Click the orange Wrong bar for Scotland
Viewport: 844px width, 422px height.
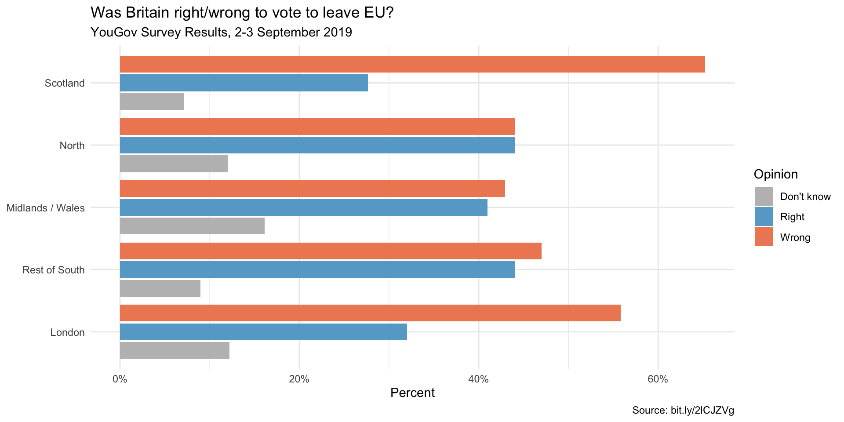(x=412, y=64)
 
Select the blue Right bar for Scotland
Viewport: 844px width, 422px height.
(x=244, y=83)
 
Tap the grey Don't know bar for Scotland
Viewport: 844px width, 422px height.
(x=152, y=102)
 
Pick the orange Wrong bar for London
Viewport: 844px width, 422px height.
(x=370, y=313)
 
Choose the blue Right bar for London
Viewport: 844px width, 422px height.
(x=263, y=332)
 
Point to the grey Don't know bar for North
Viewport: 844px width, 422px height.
(x=174, y=164)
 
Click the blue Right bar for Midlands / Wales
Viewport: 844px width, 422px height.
(x=303, y=207)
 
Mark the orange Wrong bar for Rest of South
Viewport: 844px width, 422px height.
(x=331, y=251)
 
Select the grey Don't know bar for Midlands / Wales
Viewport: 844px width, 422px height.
(x=192, y=226)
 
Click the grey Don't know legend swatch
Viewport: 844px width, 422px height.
(x=764, y=196)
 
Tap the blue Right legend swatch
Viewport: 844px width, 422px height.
(x=764, y=217)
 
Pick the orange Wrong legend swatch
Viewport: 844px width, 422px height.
(x=764, y=237)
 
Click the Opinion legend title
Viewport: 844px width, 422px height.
(x=775, y=175)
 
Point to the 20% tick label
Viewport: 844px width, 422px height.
(x=299, y=379)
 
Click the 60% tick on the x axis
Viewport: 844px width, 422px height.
(x=658, y=379)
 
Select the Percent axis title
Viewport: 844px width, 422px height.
(x=412, y=393)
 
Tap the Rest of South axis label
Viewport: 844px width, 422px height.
(x=54, y=270)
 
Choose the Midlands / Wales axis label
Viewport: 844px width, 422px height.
(x=46, y=208)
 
